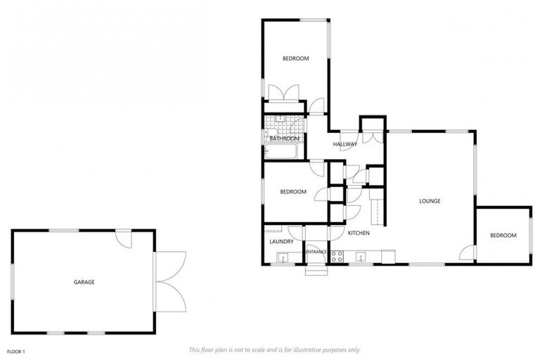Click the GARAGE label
[x=84, y=282]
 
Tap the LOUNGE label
[x=430, y=201]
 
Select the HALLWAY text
[x=345, y=144]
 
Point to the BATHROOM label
[x=285, y=139]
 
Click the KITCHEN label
[x=359, y=233]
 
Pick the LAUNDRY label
[x=281, y=242]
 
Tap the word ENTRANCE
[x=316, y=251]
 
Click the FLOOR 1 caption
[x=15, y=350]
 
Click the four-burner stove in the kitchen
[x=337, y=257]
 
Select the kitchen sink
[x=361, y=256]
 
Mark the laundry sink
[x=283, y=257]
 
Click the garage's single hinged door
[x=125, y=238]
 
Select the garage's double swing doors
[x=171, y=281]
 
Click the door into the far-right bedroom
[x=468, y=251]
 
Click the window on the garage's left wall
[x=13, y=281]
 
